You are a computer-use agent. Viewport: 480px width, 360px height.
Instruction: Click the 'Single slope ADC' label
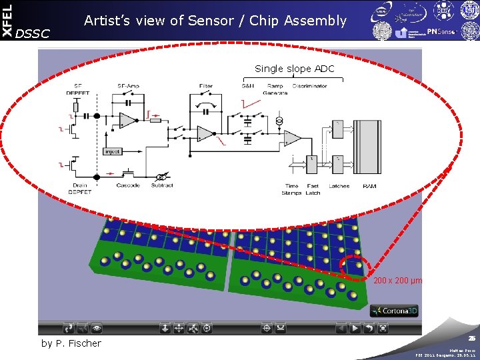click(x=294, y=69)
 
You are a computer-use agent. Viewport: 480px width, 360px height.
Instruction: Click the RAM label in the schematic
click(x=369, y=186)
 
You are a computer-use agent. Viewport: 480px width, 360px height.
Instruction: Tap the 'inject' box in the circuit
click(x=113, y=151)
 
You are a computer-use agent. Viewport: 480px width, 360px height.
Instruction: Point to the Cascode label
click(x=128, y=185)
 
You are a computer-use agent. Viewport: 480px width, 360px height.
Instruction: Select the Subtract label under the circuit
click(x=162, y=185)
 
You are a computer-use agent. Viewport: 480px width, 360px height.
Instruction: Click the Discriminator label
click(x=309, y=86)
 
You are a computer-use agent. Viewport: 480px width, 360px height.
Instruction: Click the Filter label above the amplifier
click(x=206, y=86)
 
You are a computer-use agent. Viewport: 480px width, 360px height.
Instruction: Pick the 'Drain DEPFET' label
click(x=80, y=189)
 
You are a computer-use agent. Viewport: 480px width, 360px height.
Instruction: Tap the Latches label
click(x=339, y=186)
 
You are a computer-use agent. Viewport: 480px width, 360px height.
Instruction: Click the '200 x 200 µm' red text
click(x=397, y=281)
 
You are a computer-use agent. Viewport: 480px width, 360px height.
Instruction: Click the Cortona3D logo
click(x=395, y=311)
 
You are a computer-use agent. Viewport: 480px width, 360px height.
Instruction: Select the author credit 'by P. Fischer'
click(x=71, y=343)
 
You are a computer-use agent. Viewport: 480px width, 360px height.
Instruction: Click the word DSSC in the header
click(x=32, y=33)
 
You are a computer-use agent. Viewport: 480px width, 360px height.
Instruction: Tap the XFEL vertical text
click(x=7, y=20)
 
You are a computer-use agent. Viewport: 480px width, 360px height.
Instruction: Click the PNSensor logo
click(x=441, y=31)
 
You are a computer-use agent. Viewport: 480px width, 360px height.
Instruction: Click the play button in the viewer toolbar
click(x=355, y=328)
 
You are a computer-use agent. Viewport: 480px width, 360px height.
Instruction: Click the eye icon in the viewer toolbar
click(x=97, y=328)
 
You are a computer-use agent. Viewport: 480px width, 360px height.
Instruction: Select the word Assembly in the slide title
click(x=315, y=21)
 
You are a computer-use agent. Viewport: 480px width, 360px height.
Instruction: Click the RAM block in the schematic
click(x=367, y=150)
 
